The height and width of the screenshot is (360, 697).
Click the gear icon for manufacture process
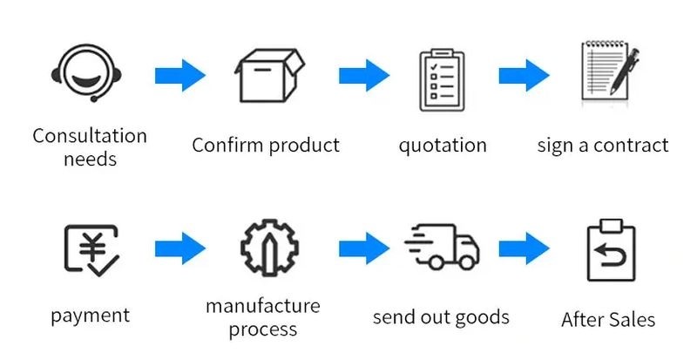coord(270,249)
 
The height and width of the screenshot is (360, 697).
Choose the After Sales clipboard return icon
coord(610,254)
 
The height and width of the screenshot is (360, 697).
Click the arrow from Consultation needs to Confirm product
coord(179,75)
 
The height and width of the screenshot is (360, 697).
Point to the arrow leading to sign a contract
coord(524,75)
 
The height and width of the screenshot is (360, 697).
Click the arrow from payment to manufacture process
coord(179,249)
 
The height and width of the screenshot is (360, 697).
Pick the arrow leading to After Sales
coord(524,249)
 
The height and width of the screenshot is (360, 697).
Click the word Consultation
coord(90,137)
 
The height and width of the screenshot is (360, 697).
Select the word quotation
coord(443,145)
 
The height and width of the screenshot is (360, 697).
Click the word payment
coord(90,316)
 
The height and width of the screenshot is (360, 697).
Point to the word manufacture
coord(263,306)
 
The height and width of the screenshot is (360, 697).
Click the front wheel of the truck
coord(466,262)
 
